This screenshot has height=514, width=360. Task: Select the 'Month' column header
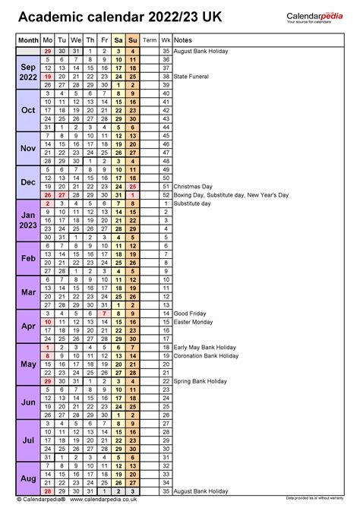pyautogui.click(x=28, y=39)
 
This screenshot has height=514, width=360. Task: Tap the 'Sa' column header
pyautogui.click(x=119, y=39)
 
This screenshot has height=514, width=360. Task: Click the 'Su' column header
pyautogui.click(x=133, y=39)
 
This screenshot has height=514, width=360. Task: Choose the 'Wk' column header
pyautogui.click(x=166, y=39)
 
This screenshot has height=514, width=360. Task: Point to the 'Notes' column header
pyautogui.click(x=182, y=39)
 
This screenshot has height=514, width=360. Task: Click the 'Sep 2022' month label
pyautogui.click(x=28, y=72)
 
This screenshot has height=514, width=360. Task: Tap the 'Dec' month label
pyautogui.click(x=28, y=182)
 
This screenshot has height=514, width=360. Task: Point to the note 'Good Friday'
pyautogui.click(x=190, y=313)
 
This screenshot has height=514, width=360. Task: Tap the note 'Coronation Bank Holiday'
pyautogui.click(x=209, y=355)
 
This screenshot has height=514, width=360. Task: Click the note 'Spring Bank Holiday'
pyautogui.click(x=201, y=381)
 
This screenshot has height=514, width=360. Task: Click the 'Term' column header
pyautogui.click(x=150, y=39)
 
